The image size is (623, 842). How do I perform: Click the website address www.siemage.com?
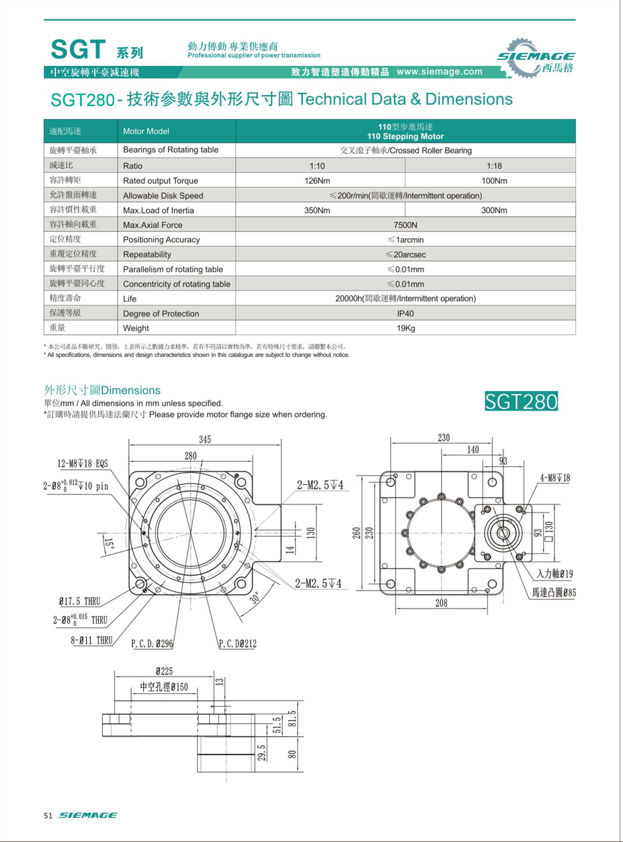click(x=440, y=71)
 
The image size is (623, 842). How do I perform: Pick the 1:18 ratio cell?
click(x=494, y=165)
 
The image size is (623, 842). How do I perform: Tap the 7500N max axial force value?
click(x=405, y=225)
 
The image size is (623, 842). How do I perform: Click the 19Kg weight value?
click(x=405, y=328)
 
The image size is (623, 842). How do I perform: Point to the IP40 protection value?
click(x=405, y=313)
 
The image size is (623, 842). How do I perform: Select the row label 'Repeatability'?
click(x=147, y=254)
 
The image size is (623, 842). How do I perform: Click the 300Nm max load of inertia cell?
click(x=494, y=210)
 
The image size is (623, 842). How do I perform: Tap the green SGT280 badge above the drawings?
click(x=522, y=401)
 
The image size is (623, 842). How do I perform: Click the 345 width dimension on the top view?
click(x=204, y=439)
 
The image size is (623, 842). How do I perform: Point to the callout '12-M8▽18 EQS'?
click(x=82, y=463)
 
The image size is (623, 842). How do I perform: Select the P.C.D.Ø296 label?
click(x=153, y=644)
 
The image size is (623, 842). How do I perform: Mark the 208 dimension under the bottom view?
click(x=441, y=603)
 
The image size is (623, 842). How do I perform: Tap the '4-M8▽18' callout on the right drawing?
click(x=555, y=477)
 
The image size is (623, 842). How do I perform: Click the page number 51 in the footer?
click(x=48, y=815)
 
